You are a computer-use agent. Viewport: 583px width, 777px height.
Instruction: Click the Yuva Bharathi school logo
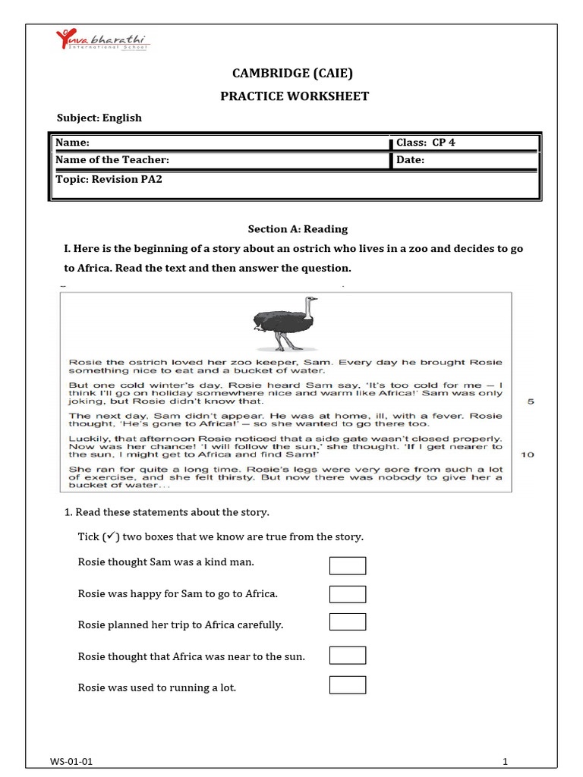[103, 42]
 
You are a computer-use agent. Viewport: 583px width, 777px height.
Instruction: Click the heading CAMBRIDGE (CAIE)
[292, 73]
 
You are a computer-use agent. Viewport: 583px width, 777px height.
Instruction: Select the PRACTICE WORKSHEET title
[295, 96]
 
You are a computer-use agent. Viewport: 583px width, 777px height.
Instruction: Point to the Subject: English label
[99, 118]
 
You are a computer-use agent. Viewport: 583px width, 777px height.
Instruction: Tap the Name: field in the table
[220, 143]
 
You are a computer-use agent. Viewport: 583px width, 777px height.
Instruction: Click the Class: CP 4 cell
[465, 143]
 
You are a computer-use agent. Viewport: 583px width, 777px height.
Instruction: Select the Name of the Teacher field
[220, 160]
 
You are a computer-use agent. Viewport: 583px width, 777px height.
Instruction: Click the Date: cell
[465, 160]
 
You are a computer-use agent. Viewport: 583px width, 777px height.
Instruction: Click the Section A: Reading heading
[298, 228]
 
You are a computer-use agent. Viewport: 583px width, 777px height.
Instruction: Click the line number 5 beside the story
[531, 401]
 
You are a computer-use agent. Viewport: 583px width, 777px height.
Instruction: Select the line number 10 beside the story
[528, 455]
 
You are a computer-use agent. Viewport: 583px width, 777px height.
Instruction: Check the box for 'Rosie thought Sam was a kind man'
[348, 565]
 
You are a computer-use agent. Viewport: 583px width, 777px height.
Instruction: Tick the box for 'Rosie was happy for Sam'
[348, 594]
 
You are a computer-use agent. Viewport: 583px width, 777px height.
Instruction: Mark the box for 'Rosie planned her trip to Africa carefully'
[348, 622]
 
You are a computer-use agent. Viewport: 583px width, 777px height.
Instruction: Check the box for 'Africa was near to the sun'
[348, 656]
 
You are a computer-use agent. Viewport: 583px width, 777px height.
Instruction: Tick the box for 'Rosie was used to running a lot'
[348, 685]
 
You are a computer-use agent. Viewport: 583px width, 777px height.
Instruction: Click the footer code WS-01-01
[73, 761]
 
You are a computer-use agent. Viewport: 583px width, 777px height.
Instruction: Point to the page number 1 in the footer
[504, 761]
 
